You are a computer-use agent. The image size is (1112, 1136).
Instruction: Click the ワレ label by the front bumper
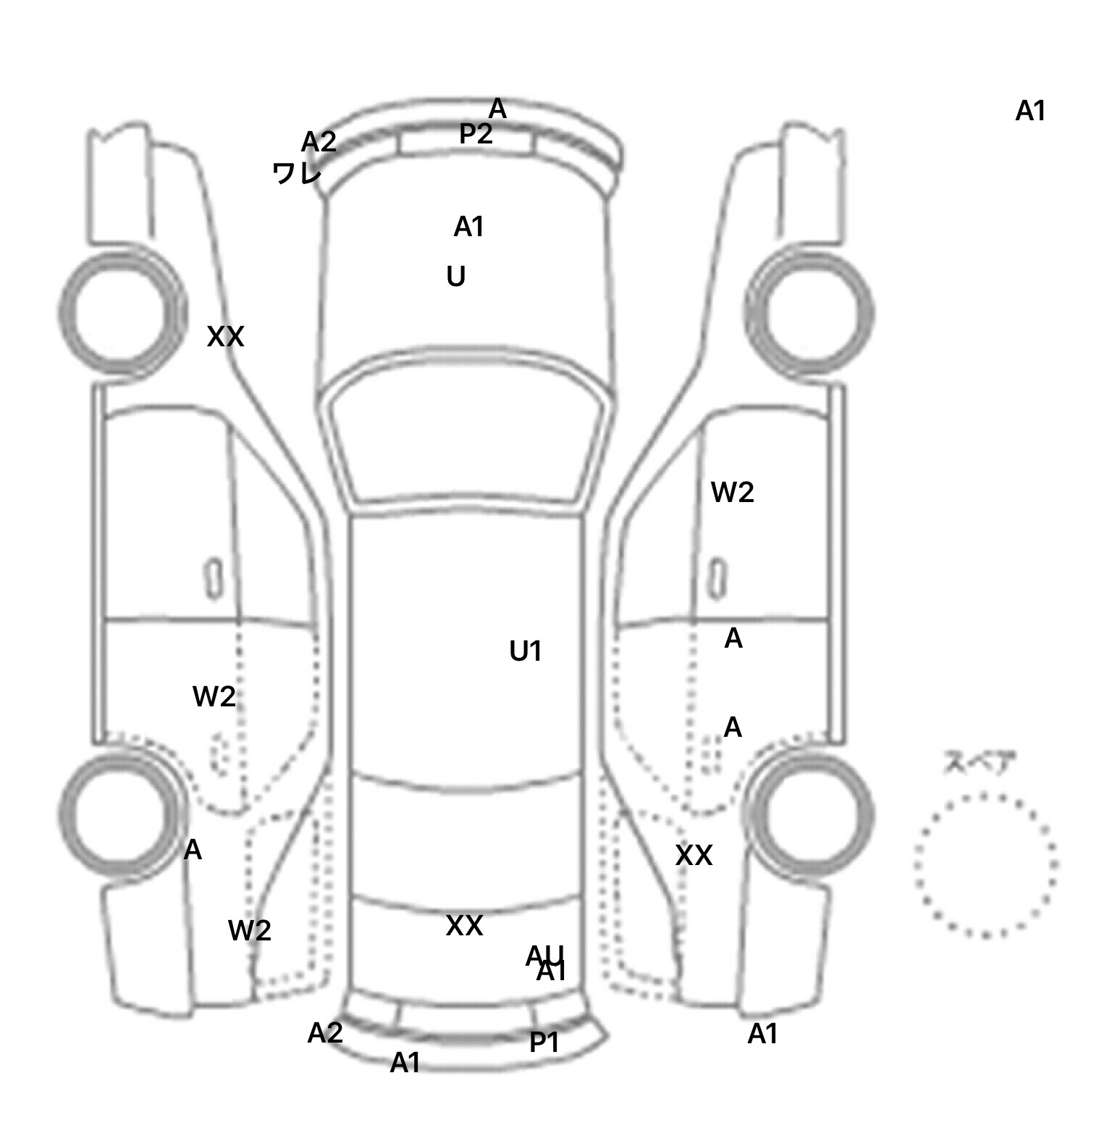(x=297, y=173)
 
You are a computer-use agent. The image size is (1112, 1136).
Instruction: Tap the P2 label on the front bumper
(x=476, y=134)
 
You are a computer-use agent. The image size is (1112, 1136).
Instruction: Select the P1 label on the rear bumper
(x=544, y=1043)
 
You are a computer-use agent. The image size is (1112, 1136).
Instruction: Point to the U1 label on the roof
(x=526, y=652)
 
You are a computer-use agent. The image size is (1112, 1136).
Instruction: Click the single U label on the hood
(x=455, y=277)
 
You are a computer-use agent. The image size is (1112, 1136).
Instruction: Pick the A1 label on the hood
(x=468, y=227)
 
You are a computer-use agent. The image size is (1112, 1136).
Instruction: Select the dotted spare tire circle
(x=985, y=864)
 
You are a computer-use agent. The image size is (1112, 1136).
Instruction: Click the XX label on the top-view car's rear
(x=464, y=926)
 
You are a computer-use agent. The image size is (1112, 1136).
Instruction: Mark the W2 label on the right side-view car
(x=732, y=493)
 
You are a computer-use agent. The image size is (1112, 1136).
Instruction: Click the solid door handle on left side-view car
(x=214, y=578)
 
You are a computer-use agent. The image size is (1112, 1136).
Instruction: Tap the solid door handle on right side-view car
(x=717, y=578)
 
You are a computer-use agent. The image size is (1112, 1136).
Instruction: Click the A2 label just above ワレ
(x=319, y=142)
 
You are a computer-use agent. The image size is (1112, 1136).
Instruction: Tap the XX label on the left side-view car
(x=225, y=337)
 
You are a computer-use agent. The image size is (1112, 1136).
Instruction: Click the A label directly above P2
(x=497, y=109)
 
